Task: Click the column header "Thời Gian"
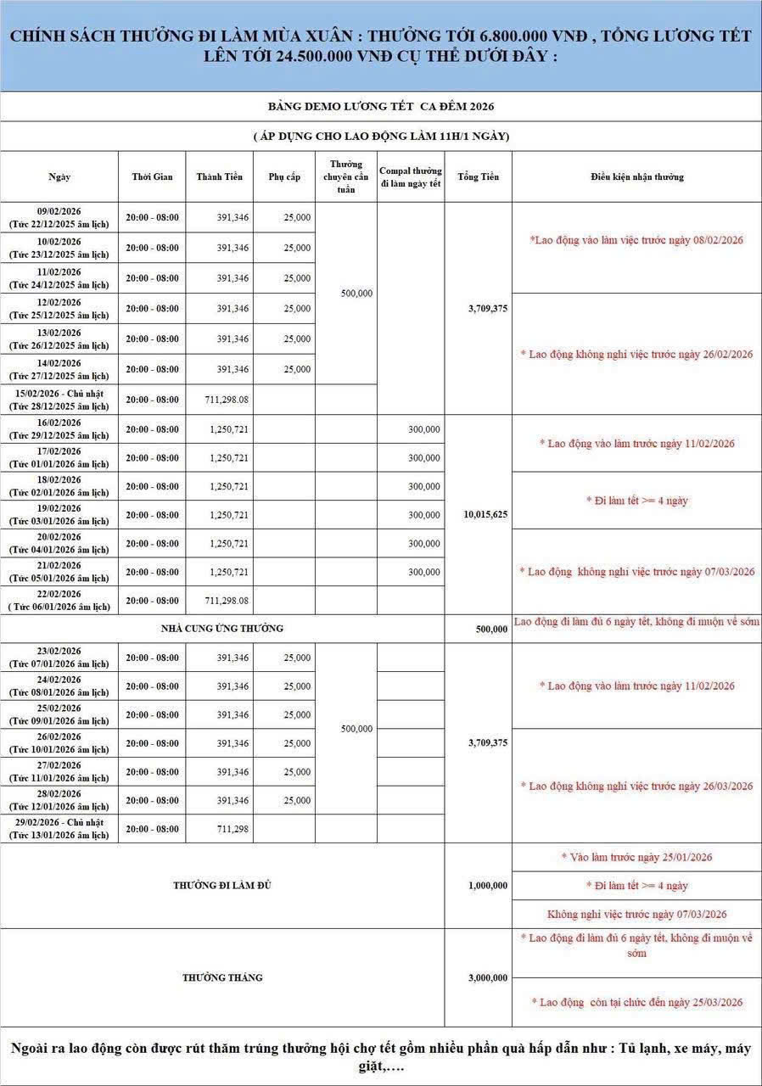pos(152,176)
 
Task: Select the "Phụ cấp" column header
pos(284,176)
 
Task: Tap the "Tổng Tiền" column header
pos(478,176)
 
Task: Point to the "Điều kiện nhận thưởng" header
pos(636,176)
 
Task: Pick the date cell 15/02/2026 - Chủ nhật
pos(59,400)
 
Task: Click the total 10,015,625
pos(487,514)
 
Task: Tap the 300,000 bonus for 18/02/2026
pos(423,486)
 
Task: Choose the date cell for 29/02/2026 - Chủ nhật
pos(59,829)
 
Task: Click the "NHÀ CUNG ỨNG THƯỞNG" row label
pos(222,629)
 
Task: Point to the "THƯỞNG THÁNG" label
pos(222,977)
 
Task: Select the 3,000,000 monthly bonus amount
pos(487,978)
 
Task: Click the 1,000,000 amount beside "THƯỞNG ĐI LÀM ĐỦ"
pos(487,886)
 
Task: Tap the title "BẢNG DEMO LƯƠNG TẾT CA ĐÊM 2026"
pos(381,107)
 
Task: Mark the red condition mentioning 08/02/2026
pos(636,240)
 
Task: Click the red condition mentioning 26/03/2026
pos(636,787)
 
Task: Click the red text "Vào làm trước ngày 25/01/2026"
pos(636,857)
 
